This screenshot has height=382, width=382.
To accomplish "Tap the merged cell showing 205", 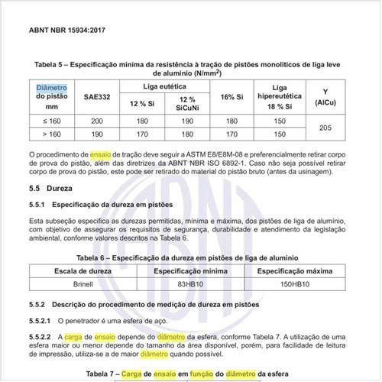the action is tap(348, 127).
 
